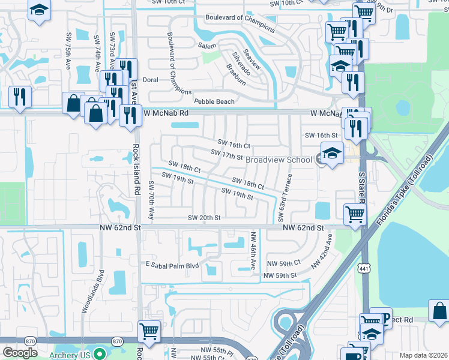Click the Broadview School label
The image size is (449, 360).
[x=279, y=160]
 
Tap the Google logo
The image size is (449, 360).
[x=20, y=353]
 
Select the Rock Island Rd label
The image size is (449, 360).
[x=137, y=169]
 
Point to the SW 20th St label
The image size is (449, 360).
[x=205, y=218]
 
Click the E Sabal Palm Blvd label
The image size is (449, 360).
[x=173, y=265]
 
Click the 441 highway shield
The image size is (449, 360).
[x=364, y=266]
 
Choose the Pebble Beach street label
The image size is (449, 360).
[x=214, y=102]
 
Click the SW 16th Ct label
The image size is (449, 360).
[x=234, y=145]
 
